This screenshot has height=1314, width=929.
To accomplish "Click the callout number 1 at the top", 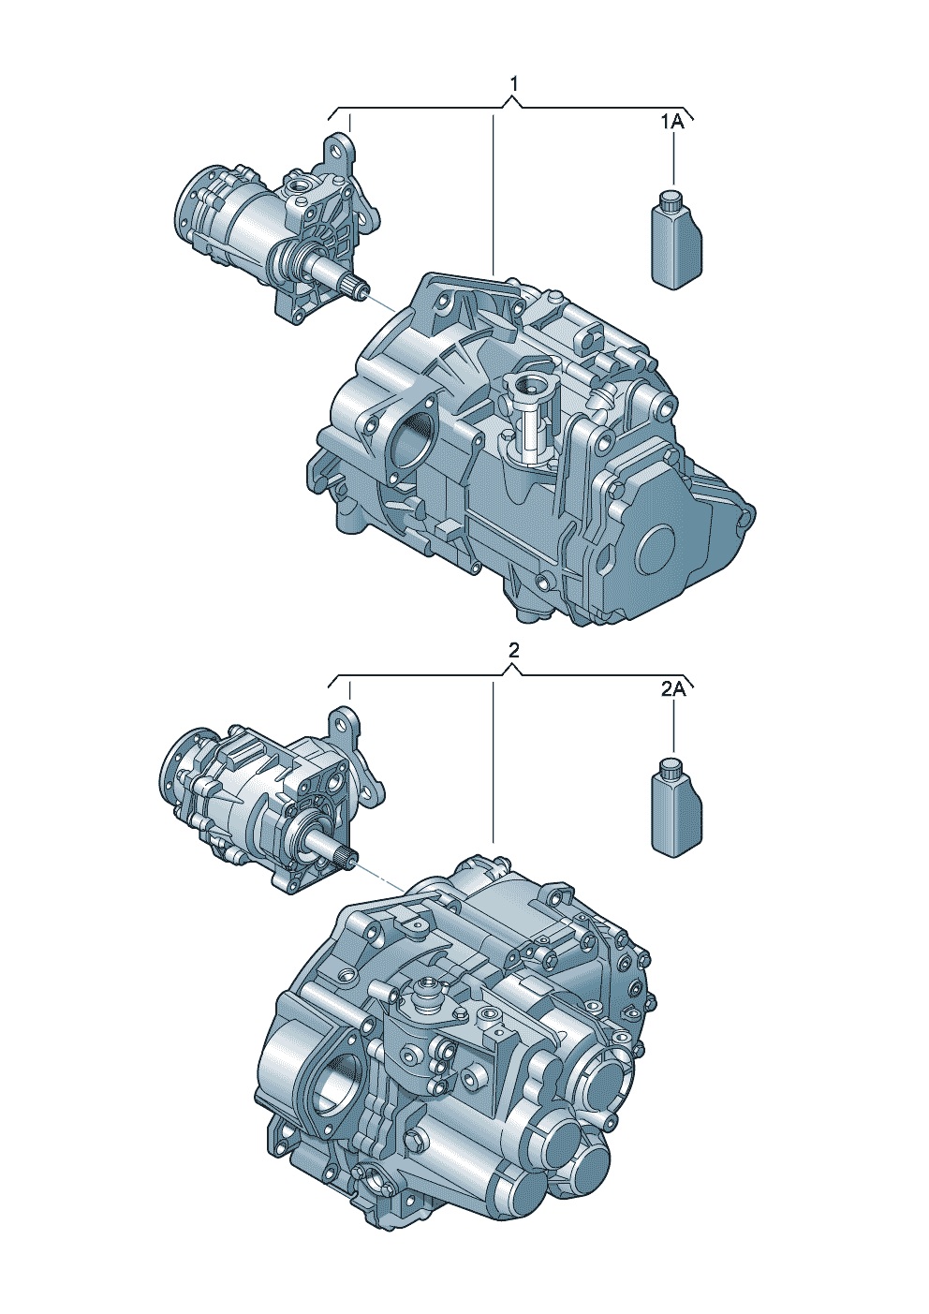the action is (x=513, y=84).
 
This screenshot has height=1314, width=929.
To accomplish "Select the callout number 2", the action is (x=513, y=650).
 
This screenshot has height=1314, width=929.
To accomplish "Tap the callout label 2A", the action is (x=672, y=690).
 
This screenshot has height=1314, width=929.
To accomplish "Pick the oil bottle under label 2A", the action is (x=676, y=808).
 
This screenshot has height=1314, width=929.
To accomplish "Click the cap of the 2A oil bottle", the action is (x=670, y=767).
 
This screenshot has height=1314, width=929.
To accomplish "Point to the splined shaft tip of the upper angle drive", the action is (x=360, y=288).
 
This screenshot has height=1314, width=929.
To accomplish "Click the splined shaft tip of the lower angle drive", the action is (x=346, y=859).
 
